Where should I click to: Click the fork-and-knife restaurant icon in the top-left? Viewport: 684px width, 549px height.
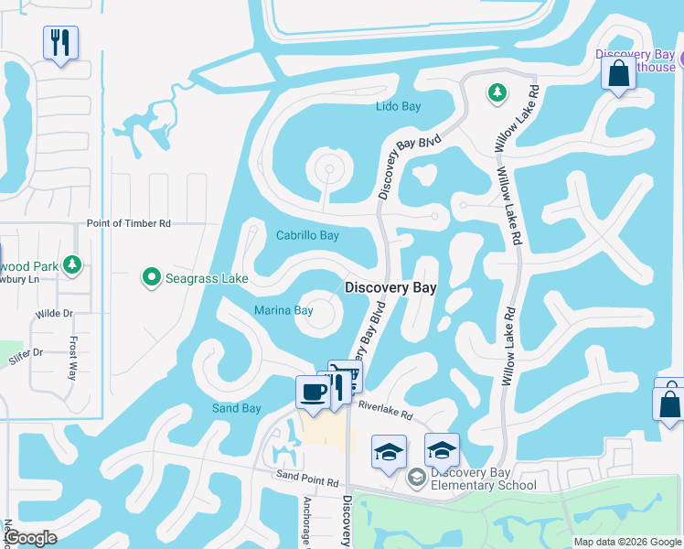60,42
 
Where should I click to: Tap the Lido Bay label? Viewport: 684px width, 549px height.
399,107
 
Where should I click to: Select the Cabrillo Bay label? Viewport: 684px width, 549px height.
307,235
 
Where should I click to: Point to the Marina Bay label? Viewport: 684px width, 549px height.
283,310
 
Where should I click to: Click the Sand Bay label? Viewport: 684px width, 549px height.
237,408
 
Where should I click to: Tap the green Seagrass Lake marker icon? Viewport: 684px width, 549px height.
151,275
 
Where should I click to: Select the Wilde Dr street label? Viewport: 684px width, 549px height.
54,313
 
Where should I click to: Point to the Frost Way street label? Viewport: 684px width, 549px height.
73,358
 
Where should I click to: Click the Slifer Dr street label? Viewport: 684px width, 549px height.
26,352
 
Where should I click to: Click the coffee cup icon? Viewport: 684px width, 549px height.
313,393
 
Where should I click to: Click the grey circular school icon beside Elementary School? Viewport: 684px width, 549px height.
417,477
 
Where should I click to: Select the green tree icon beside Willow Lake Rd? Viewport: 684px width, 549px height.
497,92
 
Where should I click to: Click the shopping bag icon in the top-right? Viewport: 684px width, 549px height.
619,73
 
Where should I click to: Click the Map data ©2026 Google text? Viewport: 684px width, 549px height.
627,542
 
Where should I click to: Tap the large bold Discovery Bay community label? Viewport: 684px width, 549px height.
390,287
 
